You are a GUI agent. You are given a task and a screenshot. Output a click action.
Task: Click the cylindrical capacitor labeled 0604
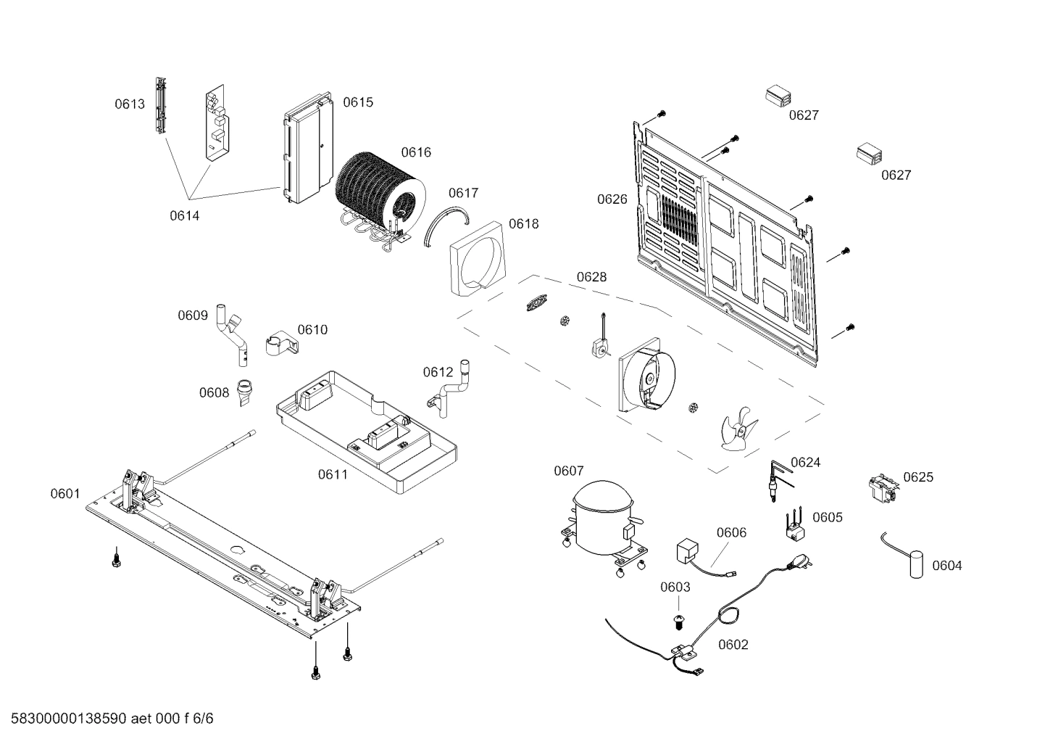(x=917, y=565)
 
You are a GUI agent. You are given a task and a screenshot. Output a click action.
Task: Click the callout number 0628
(x=591, y=277)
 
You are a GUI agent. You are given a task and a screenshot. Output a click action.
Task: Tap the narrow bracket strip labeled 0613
(x=161, y=106)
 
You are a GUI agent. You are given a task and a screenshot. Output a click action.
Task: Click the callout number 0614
(x=184, y=215)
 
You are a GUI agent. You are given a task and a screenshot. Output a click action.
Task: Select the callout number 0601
(x=64, y=494)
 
